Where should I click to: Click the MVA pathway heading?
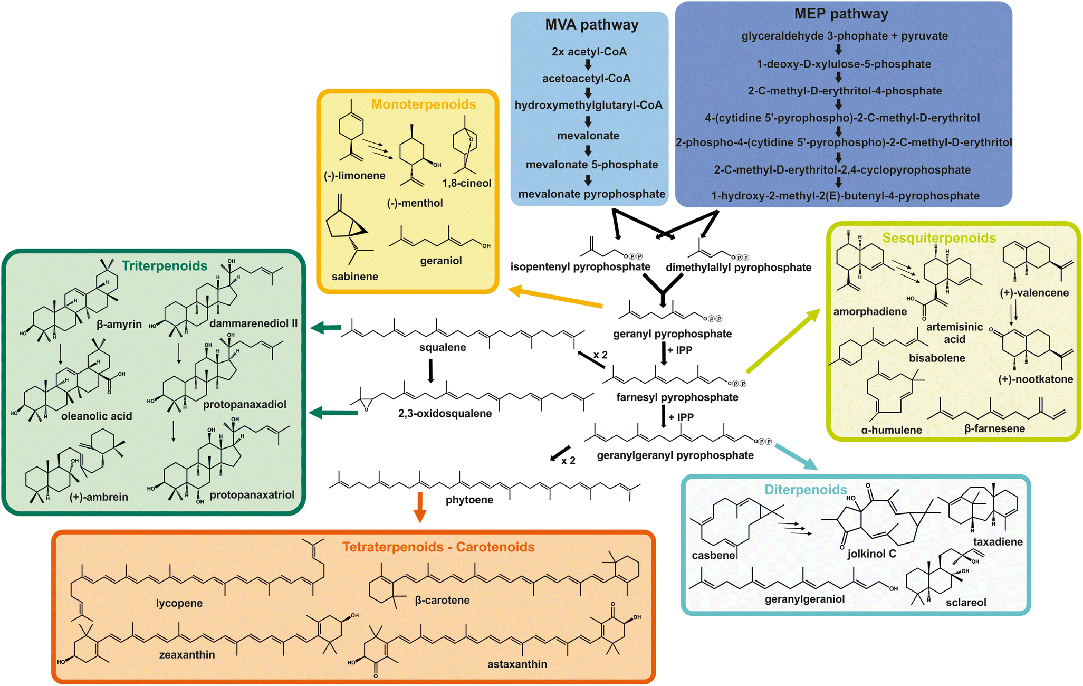[x=591, y=25]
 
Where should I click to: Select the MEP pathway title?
[x=841, y=14]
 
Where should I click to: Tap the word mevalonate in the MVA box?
[x=588, y=136]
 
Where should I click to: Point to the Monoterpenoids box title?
[x=424, y=104]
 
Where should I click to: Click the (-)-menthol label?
[x=415, y=203]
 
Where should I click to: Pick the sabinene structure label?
[x=354, y=277]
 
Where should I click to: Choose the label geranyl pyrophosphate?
[x=672, y=334]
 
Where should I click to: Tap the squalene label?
[x=443, y=347]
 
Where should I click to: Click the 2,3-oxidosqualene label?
[x=445, y=414]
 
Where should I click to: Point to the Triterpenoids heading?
[x=165, y=266]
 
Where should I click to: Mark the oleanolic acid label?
[x=97, y=416]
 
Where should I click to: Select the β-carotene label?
[x=442, y=600]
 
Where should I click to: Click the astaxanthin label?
[x=517, y=664]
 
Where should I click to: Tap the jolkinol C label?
[x=871, y=554]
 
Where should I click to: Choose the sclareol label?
[x=965, y=603]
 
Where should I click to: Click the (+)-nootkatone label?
[x=1035, y=379]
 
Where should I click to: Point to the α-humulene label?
[x=891, y=430]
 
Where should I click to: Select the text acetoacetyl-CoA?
[x=586, y=79]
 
